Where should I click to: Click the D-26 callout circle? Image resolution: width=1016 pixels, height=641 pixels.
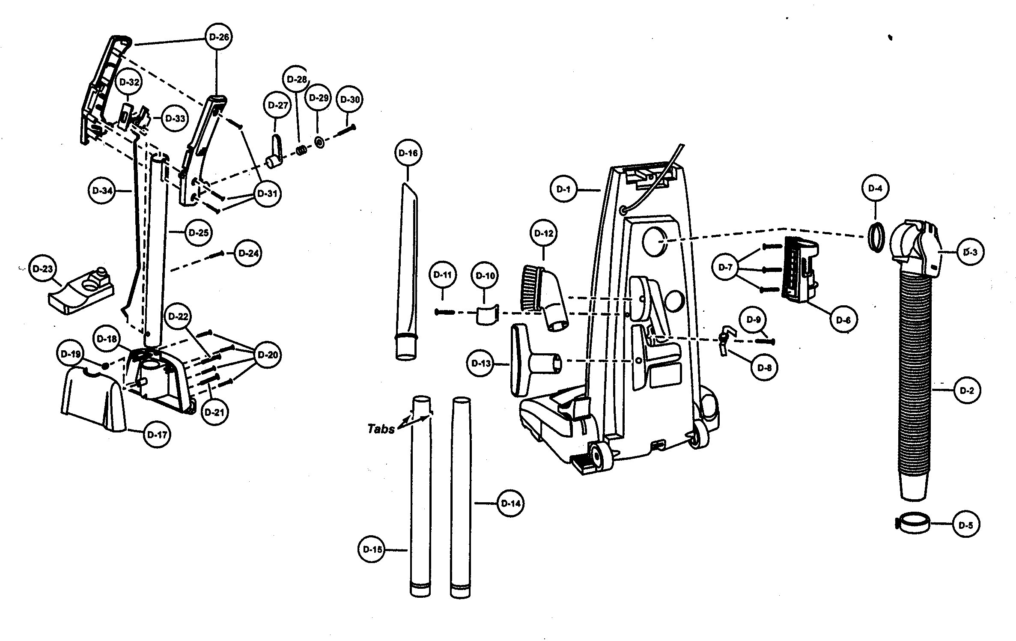click(x=219, y=37)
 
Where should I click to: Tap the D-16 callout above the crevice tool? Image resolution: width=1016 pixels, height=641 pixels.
click(x=408, y=153)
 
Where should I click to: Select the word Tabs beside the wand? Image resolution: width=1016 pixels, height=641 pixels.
click(x=381, y=429)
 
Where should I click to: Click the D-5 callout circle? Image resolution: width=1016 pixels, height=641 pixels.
click(x=966, y=525)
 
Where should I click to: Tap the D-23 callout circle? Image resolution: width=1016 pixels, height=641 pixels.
click(x=42, y=269)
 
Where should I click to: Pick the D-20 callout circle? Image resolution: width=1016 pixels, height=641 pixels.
click(x=268, y=355)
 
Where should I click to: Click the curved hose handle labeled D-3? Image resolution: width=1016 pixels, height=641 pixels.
click(x=916, y=248)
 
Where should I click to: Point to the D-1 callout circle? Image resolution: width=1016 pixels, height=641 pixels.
click(x=563, y=189)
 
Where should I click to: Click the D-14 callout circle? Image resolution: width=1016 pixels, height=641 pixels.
click(x=510, y=504)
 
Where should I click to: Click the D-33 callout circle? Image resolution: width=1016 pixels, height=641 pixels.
click(x=175, y=119)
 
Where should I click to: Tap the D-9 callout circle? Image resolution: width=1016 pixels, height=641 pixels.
click(x=753, y=320)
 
